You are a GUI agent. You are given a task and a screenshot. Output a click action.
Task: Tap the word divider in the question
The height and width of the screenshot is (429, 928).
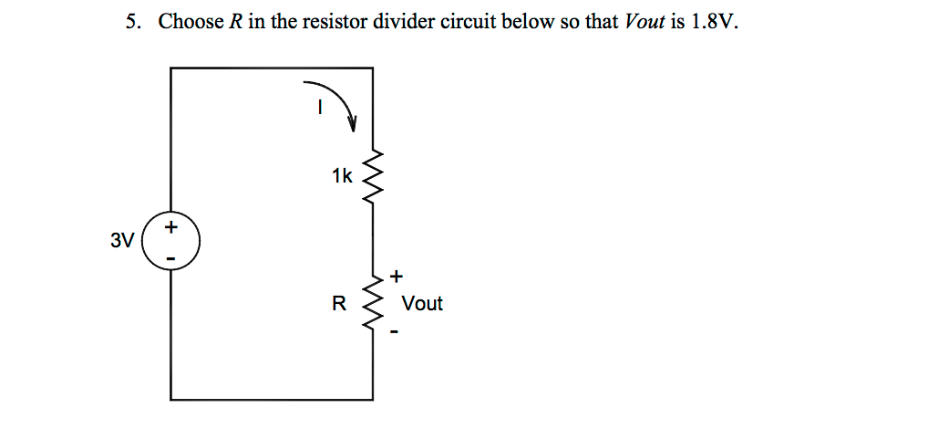[x=404, y=22]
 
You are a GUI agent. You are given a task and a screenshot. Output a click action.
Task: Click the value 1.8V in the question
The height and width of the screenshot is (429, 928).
[x=712, y=22]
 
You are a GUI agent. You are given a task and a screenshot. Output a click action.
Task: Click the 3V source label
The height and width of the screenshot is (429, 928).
[x=121, y=242]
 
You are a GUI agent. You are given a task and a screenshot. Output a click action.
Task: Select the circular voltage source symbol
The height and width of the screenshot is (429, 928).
[x=170, y=242]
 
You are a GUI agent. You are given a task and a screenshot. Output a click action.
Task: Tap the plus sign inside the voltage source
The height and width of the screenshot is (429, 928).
[x=170, y=225]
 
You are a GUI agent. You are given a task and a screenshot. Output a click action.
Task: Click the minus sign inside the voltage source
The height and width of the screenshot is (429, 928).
[x=170, y=259]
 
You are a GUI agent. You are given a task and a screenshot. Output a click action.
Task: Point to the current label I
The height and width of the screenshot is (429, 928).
[x=319, y=108]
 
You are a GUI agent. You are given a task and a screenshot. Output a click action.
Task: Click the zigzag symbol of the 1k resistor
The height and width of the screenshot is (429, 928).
[x=373, y=175]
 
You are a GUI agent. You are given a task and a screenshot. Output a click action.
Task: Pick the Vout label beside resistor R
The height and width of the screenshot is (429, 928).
[x=422, y=304]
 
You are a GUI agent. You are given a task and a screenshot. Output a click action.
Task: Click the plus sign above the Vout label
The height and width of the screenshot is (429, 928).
[x=396, y=275]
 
